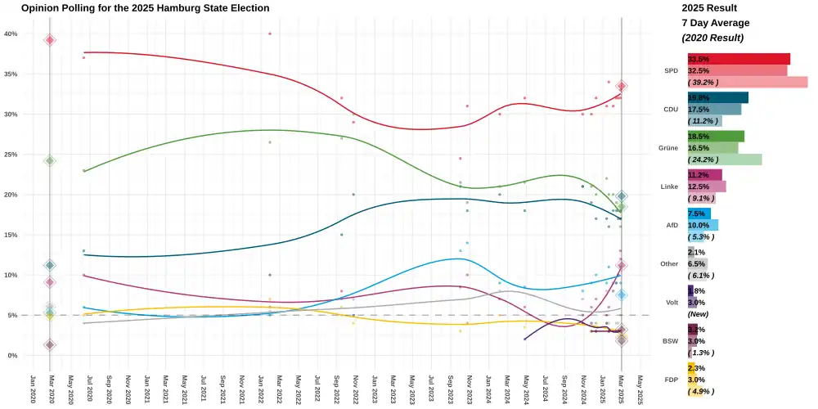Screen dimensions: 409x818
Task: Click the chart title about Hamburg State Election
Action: pyautogui.click(x=146, y=8)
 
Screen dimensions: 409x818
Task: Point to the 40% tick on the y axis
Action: pyautogui.click(x=11, y=34)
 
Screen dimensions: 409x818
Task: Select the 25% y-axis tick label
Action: pyautogui.click(x=11, y=155)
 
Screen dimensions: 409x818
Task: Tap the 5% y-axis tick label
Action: pyautogui.click(x=12, y=315)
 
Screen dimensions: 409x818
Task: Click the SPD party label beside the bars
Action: pyautogui.click(x=672, y=71)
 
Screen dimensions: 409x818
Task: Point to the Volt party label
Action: pyautogui.click(x=672, y=303)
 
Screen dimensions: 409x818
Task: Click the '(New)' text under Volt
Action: pyautogui.click(x=698, y=314)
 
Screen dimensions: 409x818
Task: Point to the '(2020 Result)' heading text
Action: pyautogui.click(x=712, y=38)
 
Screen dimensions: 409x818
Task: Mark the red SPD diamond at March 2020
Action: pyautogui.click(x=50, y=40)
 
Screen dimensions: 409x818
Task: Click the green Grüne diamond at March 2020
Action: pyautogui.click(x=50, y=160)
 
